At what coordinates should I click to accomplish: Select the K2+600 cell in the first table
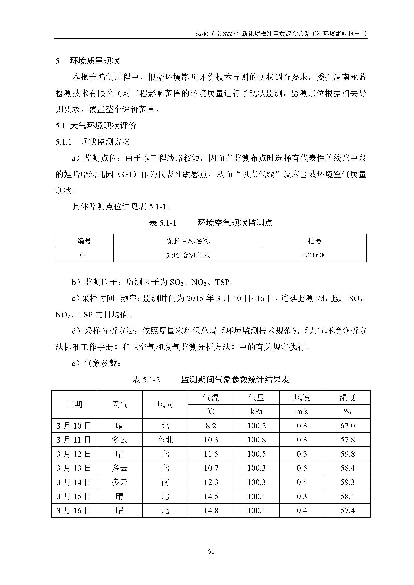click(x=314, y=255)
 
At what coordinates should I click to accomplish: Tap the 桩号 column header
click(x=315, y=241)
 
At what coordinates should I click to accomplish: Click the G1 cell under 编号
click(x=84, y=255)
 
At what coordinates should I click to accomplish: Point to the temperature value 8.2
click(x=211, y=426)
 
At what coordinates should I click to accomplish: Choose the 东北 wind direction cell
click(x=165, y=440)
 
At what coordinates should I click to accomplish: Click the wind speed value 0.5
click(x=302, y=468)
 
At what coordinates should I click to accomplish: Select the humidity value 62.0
click(x=347, y=426)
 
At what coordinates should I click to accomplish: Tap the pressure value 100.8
click(x=257, y=440)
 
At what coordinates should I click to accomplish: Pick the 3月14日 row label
click(x=74, y=482)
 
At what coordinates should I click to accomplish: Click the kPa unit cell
click(x=257, y=411)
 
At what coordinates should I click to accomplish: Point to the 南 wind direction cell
click(x=165, y=482)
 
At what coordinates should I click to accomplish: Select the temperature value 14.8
click(x=211, y=511)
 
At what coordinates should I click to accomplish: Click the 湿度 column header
click(x=347, y=397)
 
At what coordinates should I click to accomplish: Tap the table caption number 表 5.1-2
click(x=146, y=380)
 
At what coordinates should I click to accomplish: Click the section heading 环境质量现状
click(x=95, y=61)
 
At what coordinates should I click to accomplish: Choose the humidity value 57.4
click(x=347, y=511)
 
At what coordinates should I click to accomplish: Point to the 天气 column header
click(x=120, y=404)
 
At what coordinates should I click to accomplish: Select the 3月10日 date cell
click(x=74, y=426)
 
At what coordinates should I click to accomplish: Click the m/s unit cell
click(x=302, y=411)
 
